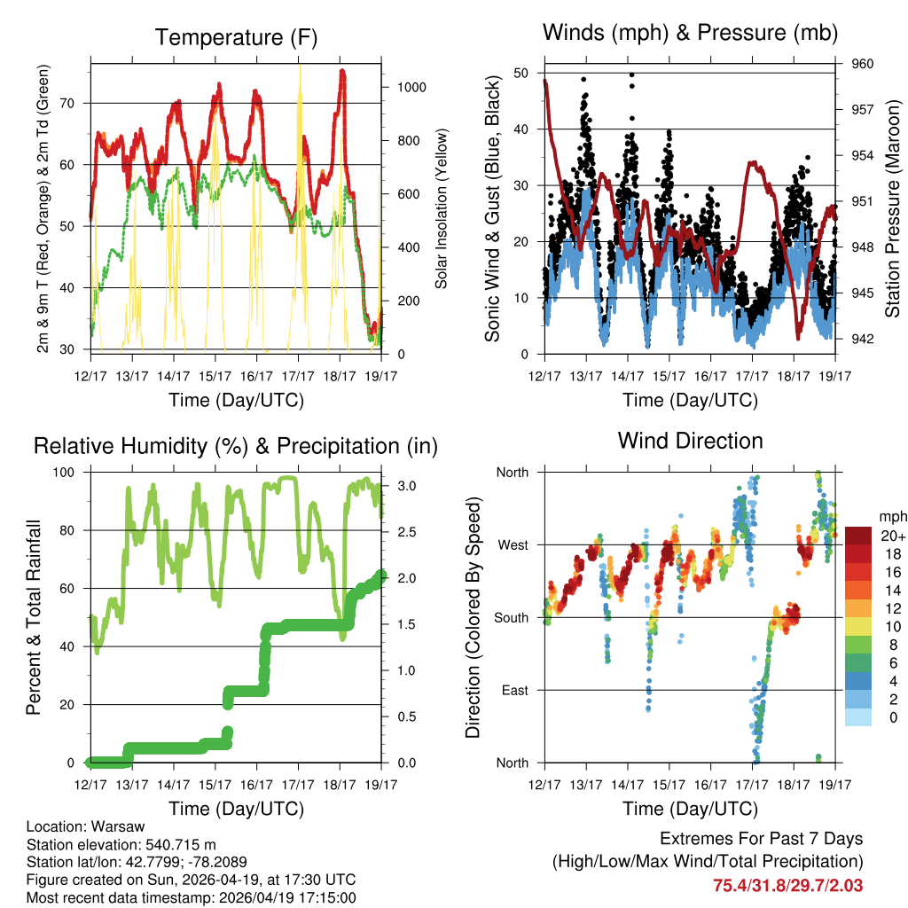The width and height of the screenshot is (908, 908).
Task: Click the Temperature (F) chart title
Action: [x=236, y=37]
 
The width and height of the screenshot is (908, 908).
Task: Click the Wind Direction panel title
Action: [x=690, y=441]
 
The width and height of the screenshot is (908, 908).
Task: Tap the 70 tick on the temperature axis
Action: [x=74, y=103]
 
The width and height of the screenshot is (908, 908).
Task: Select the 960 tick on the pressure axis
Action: [x=864, y=64]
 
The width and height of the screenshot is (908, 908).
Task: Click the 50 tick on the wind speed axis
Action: [x=521, y=73]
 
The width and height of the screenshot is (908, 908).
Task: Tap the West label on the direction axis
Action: [x=513, y=545]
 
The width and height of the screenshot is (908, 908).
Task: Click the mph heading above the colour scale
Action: [x=890, y=516]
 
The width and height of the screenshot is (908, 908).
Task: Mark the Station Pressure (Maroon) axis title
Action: [x=893, y=208]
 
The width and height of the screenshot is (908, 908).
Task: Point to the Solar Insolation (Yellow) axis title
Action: [x=441, y=208]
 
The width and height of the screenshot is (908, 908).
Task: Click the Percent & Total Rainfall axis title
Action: [x=34, y=618]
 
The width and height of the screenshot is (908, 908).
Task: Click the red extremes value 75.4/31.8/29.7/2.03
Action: [x=787, y=885]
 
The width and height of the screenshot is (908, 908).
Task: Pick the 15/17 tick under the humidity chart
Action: [x=215, y=785]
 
